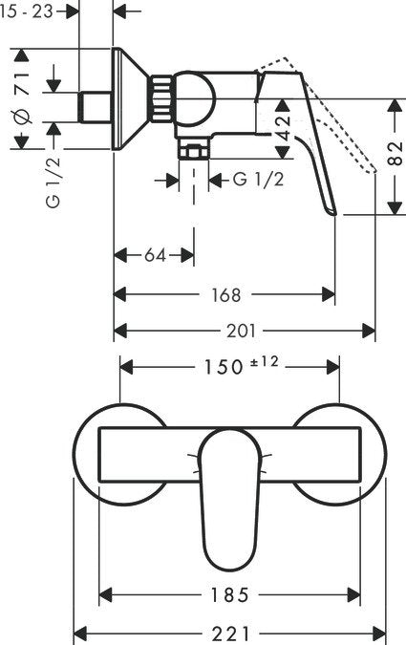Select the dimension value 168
(226, 294)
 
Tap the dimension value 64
(155, 255)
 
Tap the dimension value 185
(229, 594)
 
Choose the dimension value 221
(229, 633)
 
